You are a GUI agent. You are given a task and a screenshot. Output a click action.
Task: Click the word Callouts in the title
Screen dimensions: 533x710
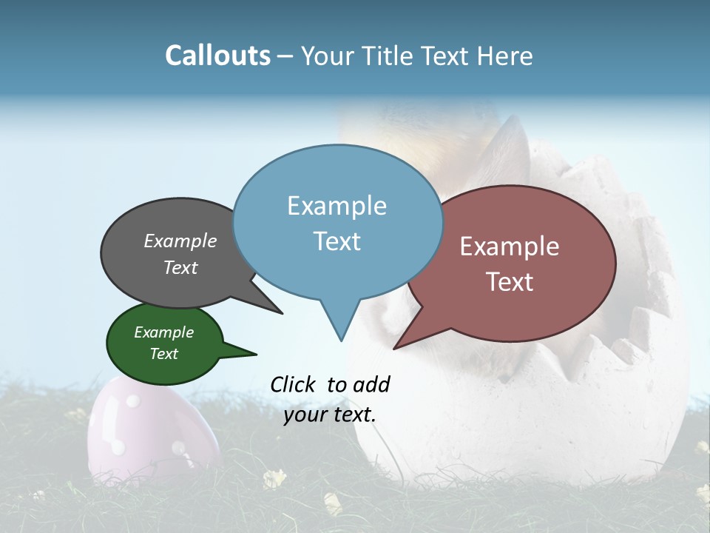coord(217,56)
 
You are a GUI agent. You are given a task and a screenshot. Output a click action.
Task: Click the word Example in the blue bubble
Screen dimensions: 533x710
coord(337,206)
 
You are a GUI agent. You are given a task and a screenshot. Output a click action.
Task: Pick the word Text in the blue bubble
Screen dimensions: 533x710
coord(337,241)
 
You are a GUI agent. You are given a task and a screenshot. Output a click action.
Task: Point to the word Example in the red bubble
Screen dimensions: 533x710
coord(510,247)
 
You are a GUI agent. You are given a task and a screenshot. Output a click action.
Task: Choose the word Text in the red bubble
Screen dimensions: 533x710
coord(510,282)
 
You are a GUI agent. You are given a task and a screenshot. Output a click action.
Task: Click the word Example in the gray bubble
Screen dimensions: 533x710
coord(180,241)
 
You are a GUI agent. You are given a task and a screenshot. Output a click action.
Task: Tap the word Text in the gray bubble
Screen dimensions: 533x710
coord(180,267)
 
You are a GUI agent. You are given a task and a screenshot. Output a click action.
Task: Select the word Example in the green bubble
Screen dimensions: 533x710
coord(164,332)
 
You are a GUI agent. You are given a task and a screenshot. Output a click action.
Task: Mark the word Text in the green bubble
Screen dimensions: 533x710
coord(164,354)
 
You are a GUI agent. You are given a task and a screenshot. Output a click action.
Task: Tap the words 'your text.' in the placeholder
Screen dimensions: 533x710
coord(330,415)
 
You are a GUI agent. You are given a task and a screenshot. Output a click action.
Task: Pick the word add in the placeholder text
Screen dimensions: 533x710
coord(371,384)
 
